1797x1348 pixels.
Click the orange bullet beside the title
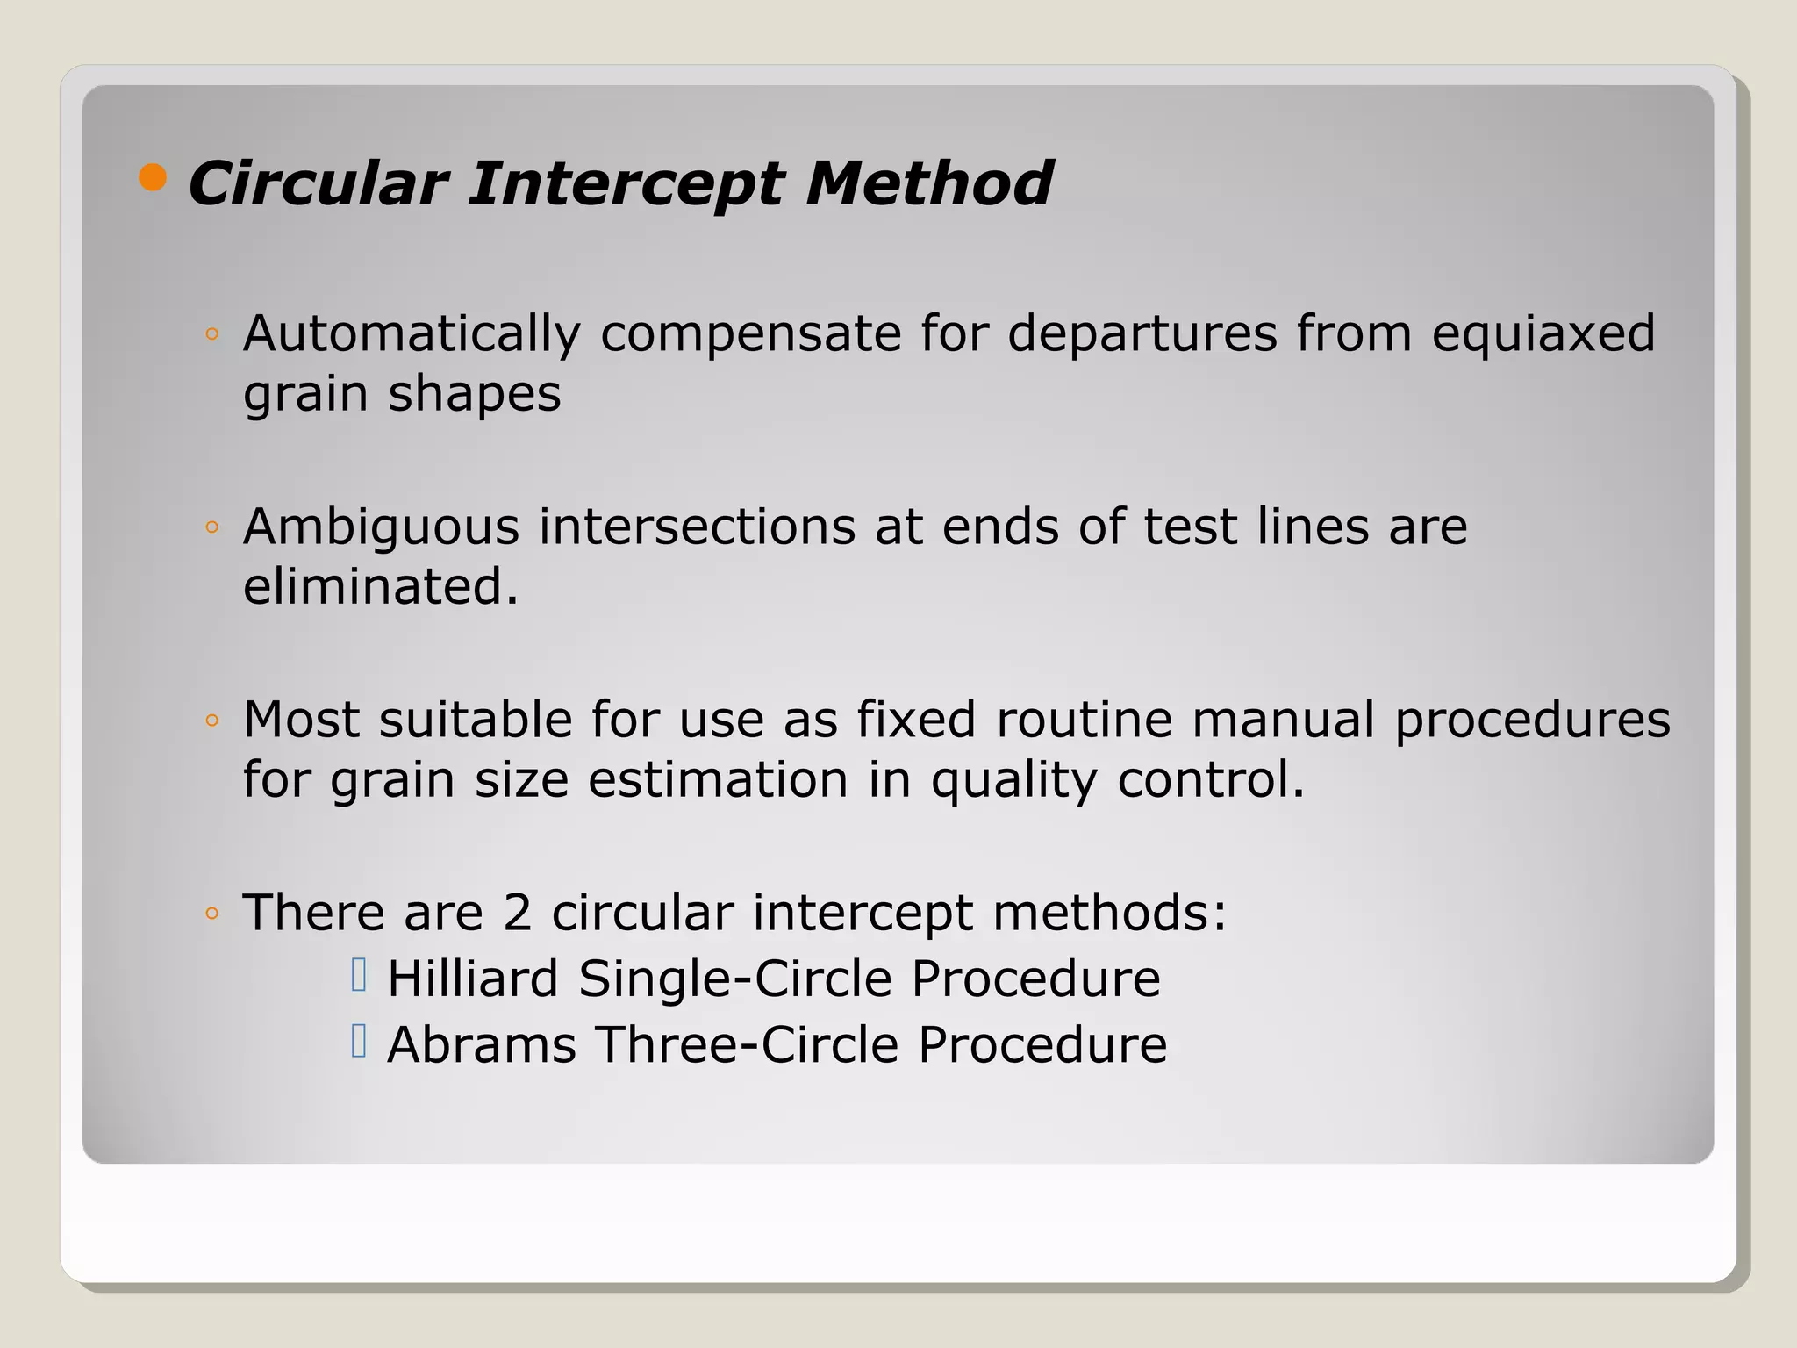coord(153,177)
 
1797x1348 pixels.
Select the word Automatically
coord(412,334)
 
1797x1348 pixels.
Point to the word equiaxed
coord(1543,334)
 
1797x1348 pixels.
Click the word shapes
coord(474,394)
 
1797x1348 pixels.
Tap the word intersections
coord(697,527)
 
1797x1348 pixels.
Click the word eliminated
coord(380,586)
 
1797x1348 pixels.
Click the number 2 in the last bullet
coord(517,913)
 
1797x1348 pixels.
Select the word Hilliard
coord(472,979)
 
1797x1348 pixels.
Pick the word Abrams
coord(482,1045)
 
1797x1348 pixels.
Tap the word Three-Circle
coord(747,1045)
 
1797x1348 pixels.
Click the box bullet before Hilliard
coord(358,975)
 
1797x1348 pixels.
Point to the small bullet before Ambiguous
coord(211,528)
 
